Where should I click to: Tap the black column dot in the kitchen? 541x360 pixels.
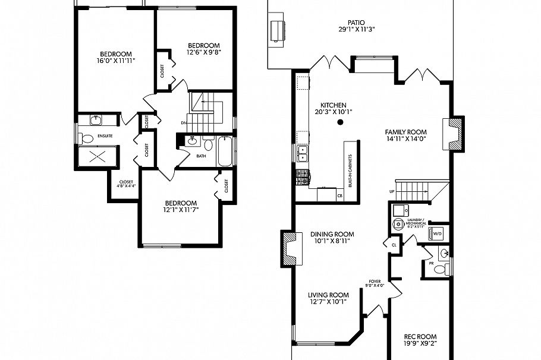(340, 122)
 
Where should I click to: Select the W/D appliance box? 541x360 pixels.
(437, 234)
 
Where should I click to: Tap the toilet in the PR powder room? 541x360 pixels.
(439, 270)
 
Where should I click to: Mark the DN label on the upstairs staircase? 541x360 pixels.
(184, 123)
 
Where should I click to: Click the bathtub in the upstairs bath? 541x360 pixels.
(226, 152)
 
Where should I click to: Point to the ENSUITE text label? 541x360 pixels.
(105, 136)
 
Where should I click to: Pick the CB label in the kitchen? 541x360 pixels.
(339, 195)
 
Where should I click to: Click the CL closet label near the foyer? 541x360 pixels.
(394, 244)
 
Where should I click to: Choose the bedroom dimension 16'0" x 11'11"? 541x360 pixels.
(116, 60)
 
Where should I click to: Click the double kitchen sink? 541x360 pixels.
(303, 154)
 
